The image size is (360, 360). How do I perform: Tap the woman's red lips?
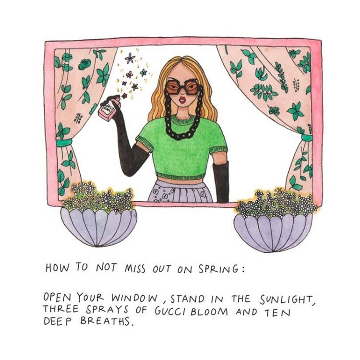[182, 100]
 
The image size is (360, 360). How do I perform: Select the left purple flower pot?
[99, 227]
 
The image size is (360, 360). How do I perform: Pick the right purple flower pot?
[273, 232]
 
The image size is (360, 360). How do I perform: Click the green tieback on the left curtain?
[64, 143]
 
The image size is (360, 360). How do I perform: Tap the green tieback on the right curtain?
[307, 138]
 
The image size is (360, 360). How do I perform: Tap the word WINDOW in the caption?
[134, 299]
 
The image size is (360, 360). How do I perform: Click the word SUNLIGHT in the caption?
[286, 300]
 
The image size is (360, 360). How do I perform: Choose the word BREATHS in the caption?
[106, 322]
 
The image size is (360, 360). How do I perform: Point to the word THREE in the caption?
[60, 309]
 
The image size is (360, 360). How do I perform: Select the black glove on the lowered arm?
[221, 182]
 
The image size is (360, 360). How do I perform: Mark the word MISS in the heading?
[135, 269]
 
